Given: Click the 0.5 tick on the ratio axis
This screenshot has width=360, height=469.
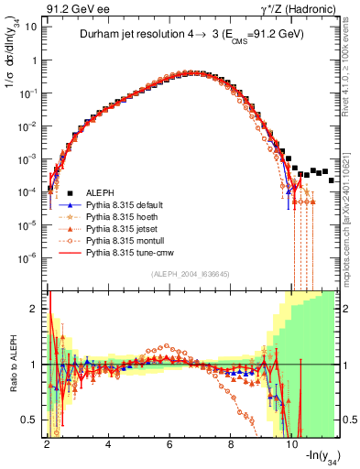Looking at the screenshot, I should point(29,420).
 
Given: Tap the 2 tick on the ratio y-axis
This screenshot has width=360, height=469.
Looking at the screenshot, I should point(34,309).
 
